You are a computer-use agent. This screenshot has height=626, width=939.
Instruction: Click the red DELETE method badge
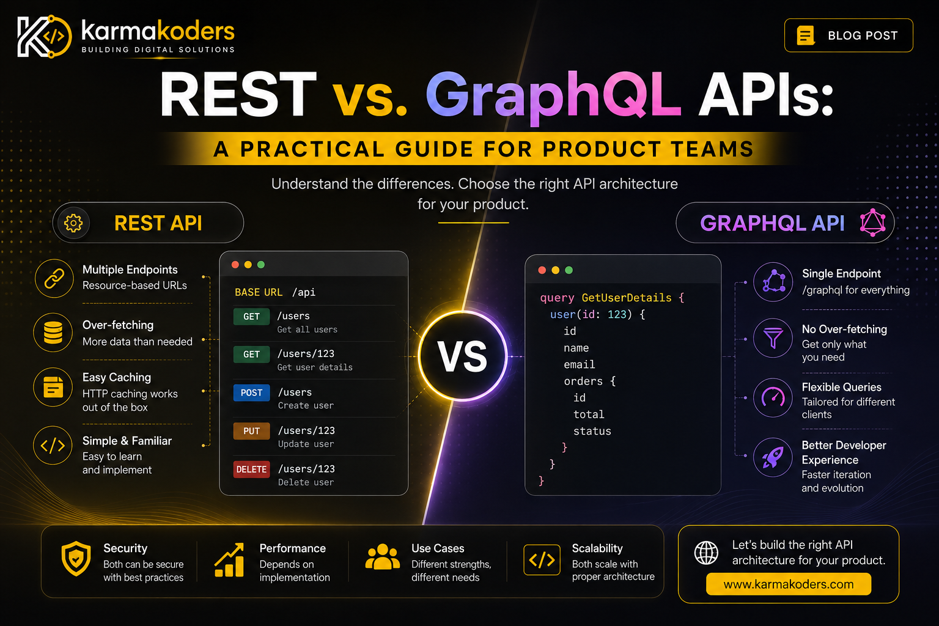(x=251, y=469)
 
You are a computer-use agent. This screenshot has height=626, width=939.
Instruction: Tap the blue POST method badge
(x=251, y=393)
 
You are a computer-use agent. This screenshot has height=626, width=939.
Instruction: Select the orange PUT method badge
(x=251, y=431)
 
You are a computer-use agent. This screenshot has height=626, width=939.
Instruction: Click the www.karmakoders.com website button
(x=789, y=584)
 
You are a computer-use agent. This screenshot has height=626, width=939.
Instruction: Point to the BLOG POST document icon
(x=805, y=35)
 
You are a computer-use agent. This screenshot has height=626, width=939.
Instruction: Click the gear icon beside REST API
(x=73, y=223)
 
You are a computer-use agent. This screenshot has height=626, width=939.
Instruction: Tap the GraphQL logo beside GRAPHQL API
(x=873, y=223)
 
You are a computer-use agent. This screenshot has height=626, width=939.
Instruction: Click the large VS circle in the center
(x=463, y=356)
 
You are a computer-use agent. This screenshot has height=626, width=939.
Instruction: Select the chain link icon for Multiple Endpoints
(x=54, y=278)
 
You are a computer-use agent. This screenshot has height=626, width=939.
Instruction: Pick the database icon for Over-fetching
(x=53, y=333)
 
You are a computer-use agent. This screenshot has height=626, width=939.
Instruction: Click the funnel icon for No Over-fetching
(x=773, y=338)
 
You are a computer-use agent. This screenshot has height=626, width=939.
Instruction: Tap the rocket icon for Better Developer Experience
(x=773, y=457)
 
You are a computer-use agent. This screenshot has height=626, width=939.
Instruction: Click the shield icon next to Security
(x=76, y=559)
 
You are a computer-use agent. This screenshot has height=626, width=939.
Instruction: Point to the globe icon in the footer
(x=706, y=553)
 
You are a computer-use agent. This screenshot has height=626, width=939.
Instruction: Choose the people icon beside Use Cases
(x=382, y=557)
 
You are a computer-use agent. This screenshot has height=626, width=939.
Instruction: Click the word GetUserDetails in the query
(x=626, y=298)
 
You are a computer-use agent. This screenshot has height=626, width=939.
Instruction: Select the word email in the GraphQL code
(x=580, y=365)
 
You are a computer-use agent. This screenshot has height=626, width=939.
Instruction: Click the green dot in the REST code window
(x=261, y=265)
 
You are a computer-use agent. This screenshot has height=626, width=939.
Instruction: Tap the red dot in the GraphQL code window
(x=542, y=270)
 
